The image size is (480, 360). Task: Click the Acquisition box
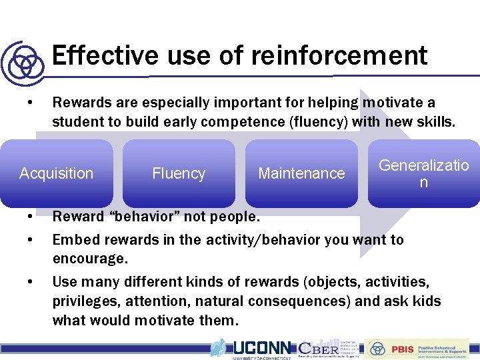[57, 173]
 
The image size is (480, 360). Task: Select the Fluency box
[179, 173]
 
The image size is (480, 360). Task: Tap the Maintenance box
[301, 173]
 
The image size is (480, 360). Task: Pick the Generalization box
[423, 173]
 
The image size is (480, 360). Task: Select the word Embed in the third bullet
[73, 239]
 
